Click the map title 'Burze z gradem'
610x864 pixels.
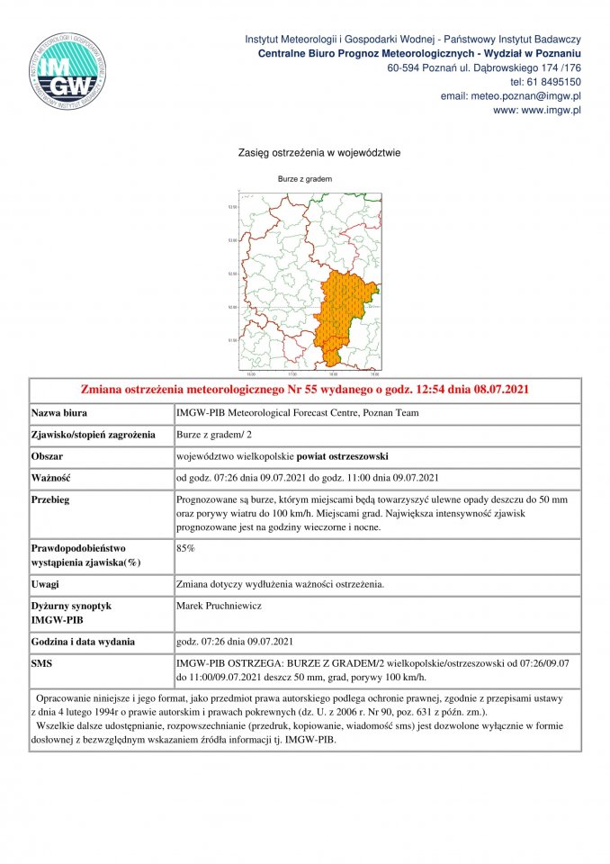[x=304, y=179]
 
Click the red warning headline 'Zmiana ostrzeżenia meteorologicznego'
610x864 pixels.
[x=304, y=390]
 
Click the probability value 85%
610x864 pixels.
[x=186, y=547]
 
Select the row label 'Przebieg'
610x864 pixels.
[x=54, y=499]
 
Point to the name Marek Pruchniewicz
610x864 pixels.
[x=219, y=607]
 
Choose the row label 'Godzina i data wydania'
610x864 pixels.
[x=83, y=642]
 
